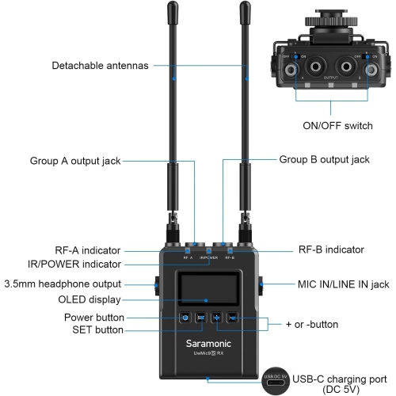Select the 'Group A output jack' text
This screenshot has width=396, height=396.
(75, 160)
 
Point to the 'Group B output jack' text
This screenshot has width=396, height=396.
(324, 159)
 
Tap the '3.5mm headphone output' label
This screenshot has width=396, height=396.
(63, 284)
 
